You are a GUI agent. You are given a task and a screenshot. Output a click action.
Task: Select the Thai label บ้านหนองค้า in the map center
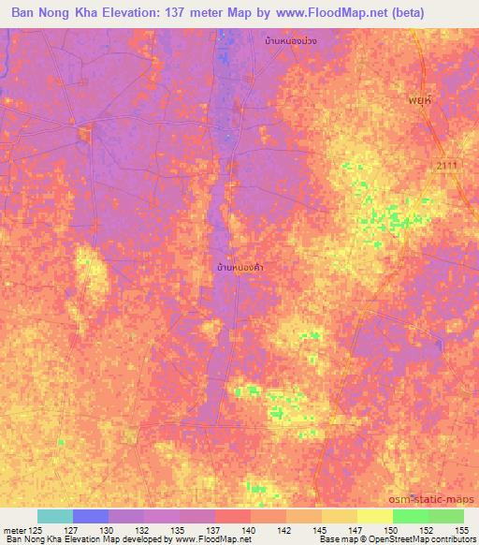[239, 268]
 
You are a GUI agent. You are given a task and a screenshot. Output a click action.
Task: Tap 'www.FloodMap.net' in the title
[317, 13]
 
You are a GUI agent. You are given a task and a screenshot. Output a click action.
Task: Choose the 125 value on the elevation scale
[37, 530]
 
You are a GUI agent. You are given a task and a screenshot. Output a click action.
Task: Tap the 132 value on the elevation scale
[144, 530]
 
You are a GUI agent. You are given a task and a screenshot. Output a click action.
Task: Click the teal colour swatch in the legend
[55, 516]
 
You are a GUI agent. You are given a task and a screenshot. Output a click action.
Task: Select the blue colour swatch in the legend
[91, 516]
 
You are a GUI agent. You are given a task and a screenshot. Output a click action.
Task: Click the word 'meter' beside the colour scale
[14, 530]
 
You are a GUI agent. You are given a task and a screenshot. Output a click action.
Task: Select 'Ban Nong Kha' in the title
[52, 13]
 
